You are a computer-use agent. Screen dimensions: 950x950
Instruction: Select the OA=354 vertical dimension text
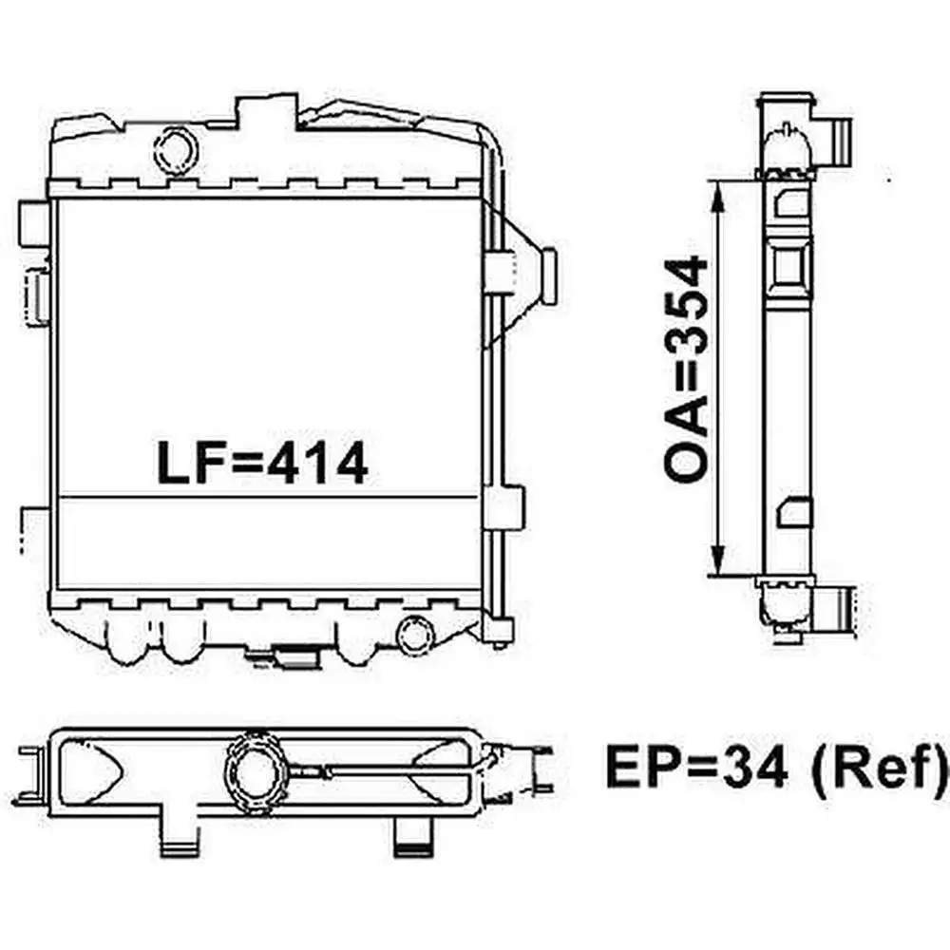coord(687,370)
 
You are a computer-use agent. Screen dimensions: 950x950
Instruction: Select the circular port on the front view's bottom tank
coord(414,636)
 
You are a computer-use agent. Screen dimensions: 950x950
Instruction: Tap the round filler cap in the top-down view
coord(257,769)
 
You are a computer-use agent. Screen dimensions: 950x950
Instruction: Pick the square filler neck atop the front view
coord(265,116)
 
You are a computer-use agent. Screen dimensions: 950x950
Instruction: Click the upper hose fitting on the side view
coord(836,139)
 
